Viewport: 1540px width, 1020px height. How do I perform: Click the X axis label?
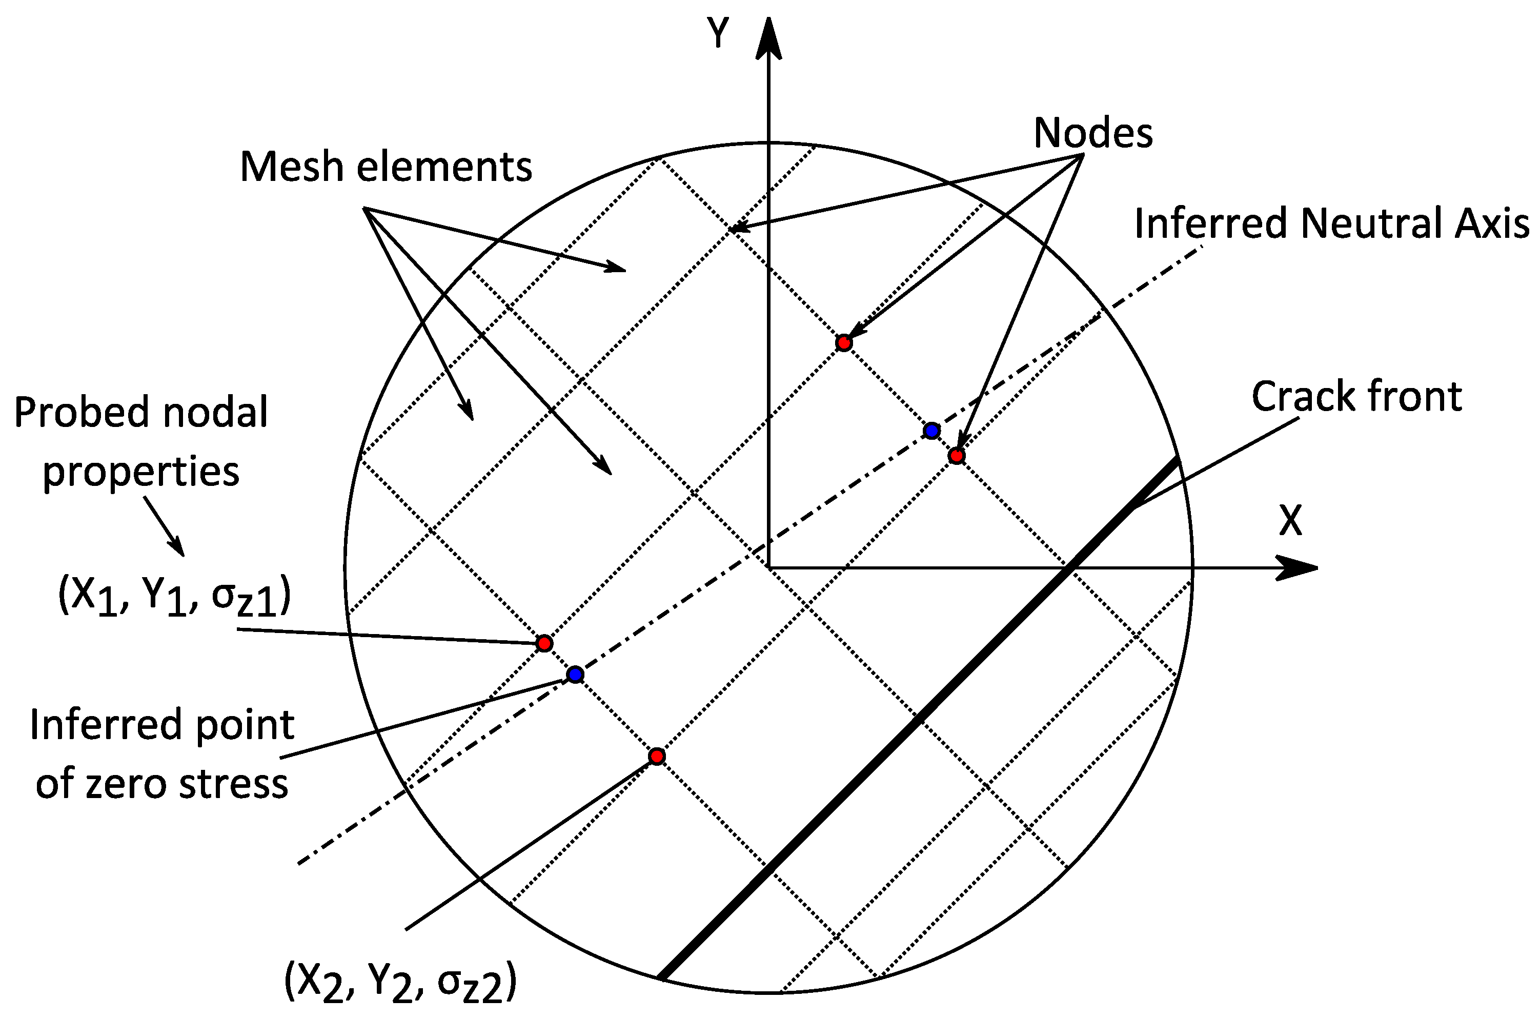(x=1291, y=521)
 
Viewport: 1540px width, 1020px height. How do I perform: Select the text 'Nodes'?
(x=1092, y=133)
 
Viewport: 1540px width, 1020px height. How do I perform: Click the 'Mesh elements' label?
(x=386, y=167)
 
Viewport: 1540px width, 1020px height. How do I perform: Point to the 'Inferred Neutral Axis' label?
(x=1331, y=223)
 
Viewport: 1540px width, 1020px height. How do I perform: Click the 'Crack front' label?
(x=1356, y=396)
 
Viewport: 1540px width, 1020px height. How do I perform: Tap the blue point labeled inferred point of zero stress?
(x=575, y=675)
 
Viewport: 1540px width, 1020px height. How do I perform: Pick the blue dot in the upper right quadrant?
(x=931, y=431)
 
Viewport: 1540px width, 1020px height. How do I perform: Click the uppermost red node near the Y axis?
(x=844, y=342)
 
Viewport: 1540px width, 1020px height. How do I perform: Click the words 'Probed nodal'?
(x=140, y=413)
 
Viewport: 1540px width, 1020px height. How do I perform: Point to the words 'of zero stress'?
(x=161, y=784)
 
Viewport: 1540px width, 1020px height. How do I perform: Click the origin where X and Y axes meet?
(x=769, y=568)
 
